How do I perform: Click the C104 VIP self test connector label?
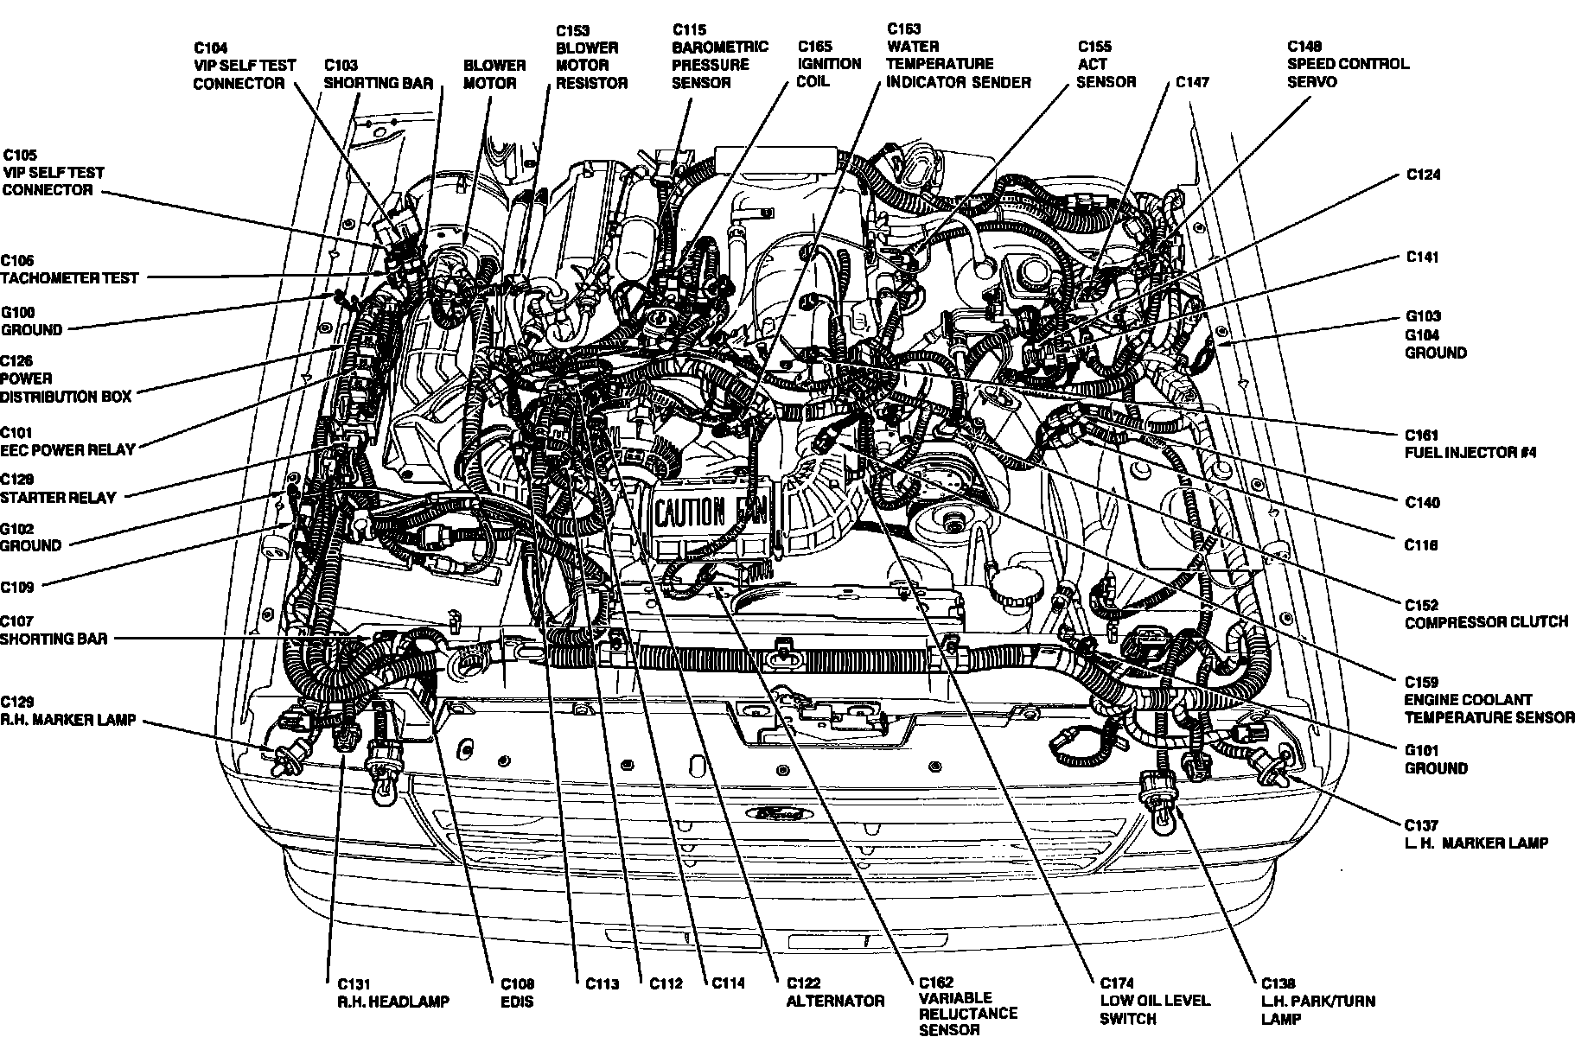(x=244, y=65)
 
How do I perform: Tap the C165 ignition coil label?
(x=829, y=63)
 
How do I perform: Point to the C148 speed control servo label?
(x=1348, y=64)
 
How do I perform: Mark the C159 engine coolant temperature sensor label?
(x=1489, y=699)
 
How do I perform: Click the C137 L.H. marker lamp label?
(x=1476, y=834)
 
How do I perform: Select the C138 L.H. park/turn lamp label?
(x=1317, y=1001)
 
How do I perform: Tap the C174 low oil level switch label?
(x=1155, y=1001)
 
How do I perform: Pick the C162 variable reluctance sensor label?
(x=967, y=1006)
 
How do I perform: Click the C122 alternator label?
(x=835, y=992)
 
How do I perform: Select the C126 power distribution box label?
(x=66, y=379)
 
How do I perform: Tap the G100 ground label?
(x=31, y=321)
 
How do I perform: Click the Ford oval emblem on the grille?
(x=781, y=813)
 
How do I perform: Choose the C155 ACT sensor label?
(x=1106, y=64)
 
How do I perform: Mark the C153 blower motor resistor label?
(x=591, y=56)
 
